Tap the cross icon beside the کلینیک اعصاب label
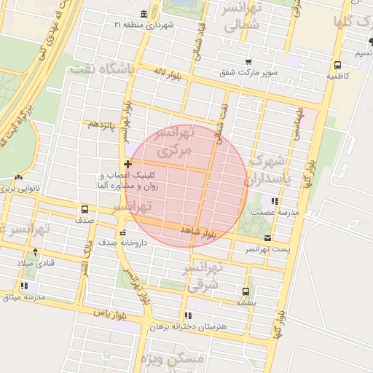pyautogui.click(x=128, y=165)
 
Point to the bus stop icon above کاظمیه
pyautogui.click(x=337, y=64)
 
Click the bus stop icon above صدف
pyautogui.click(x=85, y=209)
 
